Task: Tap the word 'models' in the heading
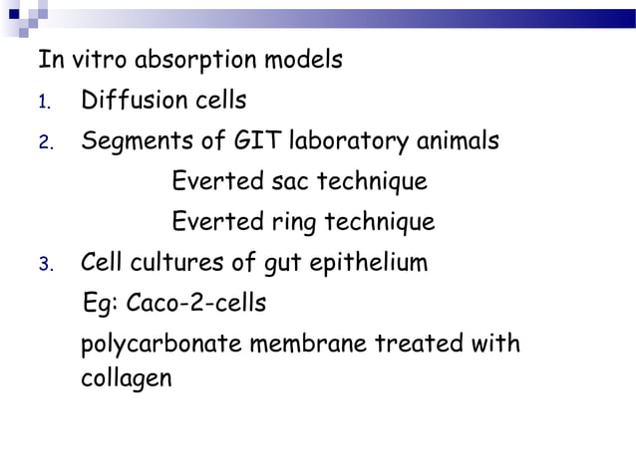click(x=303, y=60)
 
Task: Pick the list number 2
click(x=44, y=143)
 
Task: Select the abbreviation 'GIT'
click(x=257, y=141)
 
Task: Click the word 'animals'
click(x=458, y=141)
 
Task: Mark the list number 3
click(x=44, y=265)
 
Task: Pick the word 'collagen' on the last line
click(x=126, y=379)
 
